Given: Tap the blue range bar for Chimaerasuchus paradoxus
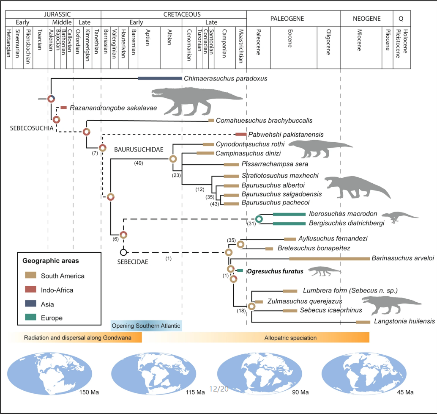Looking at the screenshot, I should (160, 78).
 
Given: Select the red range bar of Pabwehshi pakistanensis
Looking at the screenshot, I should (241, 134).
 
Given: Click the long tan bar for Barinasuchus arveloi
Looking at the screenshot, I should (328, 258).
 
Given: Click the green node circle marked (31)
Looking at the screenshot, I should (259, 219).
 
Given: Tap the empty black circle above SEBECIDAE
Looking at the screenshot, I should (123, 252).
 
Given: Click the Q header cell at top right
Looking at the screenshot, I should (400, 19).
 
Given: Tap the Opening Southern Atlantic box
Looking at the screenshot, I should (146, 326).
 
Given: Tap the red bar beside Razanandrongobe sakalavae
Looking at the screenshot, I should (63, 108).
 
